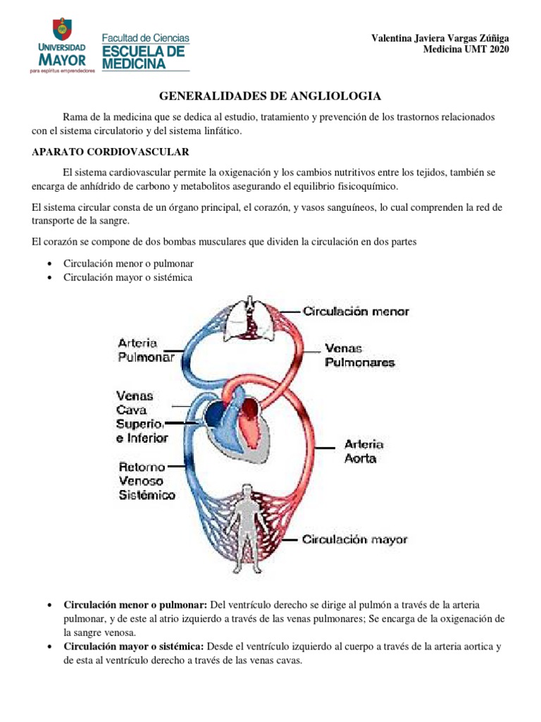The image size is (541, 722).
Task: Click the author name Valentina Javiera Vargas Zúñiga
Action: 440,38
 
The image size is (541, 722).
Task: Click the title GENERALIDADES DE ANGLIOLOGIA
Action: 270,95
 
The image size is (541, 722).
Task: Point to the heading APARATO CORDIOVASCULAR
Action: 111,152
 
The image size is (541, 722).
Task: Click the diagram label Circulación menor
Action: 356,311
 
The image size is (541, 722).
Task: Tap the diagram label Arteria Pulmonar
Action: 147,350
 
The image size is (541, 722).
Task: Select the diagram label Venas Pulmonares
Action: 359,355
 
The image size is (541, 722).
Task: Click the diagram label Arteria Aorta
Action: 363,451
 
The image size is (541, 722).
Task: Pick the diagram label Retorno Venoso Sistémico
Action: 147,481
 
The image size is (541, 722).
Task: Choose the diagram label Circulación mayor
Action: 355,539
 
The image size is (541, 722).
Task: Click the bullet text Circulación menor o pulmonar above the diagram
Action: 128,263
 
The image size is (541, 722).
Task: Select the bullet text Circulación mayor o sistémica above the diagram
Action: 128,277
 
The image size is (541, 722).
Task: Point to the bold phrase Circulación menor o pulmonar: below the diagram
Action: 135,605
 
